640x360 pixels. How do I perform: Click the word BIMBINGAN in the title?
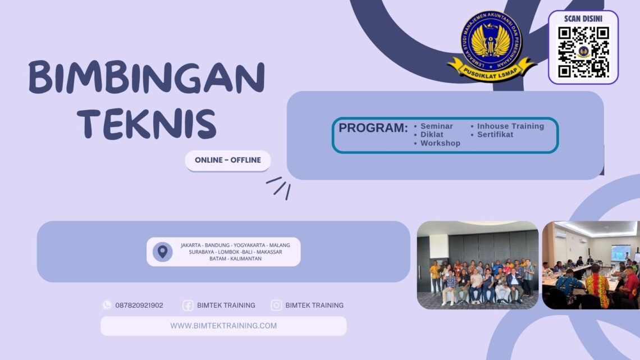pos(147,78)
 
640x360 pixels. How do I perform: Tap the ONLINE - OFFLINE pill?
pos(228,160)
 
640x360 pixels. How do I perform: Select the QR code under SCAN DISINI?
pos(583,52)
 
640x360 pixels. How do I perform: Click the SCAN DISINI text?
pos(583,19)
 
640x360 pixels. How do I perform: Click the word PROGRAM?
pos(373,128)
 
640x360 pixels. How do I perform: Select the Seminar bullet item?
pos(436,126)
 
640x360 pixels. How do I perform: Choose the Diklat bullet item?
pos(432,135)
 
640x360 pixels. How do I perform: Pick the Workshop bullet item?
pos(440,143)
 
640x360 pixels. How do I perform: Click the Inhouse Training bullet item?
pos(510,126)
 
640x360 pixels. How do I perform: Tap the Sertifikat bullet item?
pos(495,135)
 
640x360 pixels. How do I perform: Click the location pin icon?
pos(162,252)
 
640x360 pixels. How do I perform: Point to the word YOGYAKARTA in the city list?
pos(249,245)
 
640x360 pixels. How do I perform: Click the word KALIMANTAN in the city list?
pos(245,259)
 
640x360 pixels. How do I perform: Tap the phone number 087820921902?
pos(139,306)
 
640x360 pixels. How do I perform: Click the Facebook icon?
pos(188,306)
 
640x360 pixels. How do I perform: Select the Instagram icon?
pos(276,306)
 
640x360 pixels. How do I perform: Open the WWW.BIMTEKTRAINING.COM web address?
pos(223,326)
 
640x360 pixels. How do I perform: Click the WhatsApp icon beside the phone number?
pos(107,305)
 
